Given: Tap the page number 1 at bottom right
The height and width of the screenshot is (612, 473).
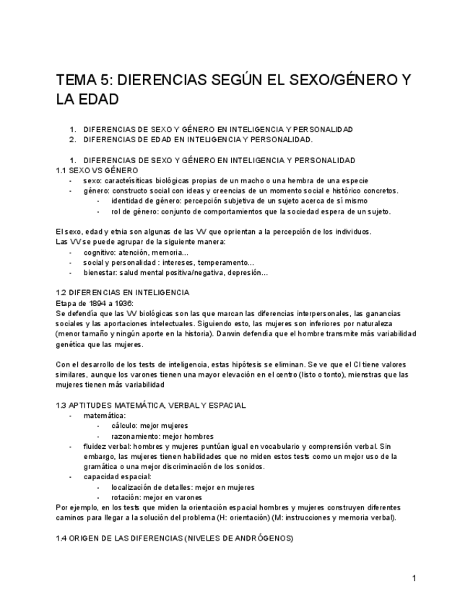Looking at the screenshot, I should tap(414, 578).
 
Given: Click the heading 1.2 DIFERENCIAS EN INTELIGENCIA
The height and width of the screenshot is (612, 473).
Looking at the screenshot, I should tap(122, 293).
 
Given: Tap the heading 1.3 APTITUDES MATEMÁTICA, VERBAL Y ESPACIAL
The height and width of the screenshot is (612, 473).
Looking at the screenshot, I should tap(150, 406).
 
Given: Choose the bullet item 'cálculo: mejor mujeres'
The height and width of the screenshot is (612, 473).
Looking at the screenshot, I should tap(149, 426).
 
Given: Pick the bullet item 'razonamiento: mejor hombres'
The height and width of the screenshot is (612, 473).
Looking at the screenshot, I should tap(162, 436).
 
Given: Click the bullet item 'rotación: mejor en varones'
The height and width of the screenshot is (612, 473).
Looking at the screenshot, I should tap(157, 497).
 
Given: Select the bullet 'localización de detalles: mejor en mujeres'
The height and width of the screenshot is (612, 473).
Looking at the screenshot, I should tap(183, 487).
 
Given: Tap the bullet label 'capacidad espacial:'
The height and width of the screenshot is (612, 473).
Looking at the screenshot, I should tap(117, 477).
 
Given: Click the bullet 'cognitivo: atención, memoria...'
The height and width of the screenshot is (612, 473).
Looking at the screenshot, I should tap(136, 253).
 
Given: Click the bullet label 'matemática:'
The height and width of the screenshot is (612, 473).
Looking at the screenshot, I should tap(105, 416).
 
